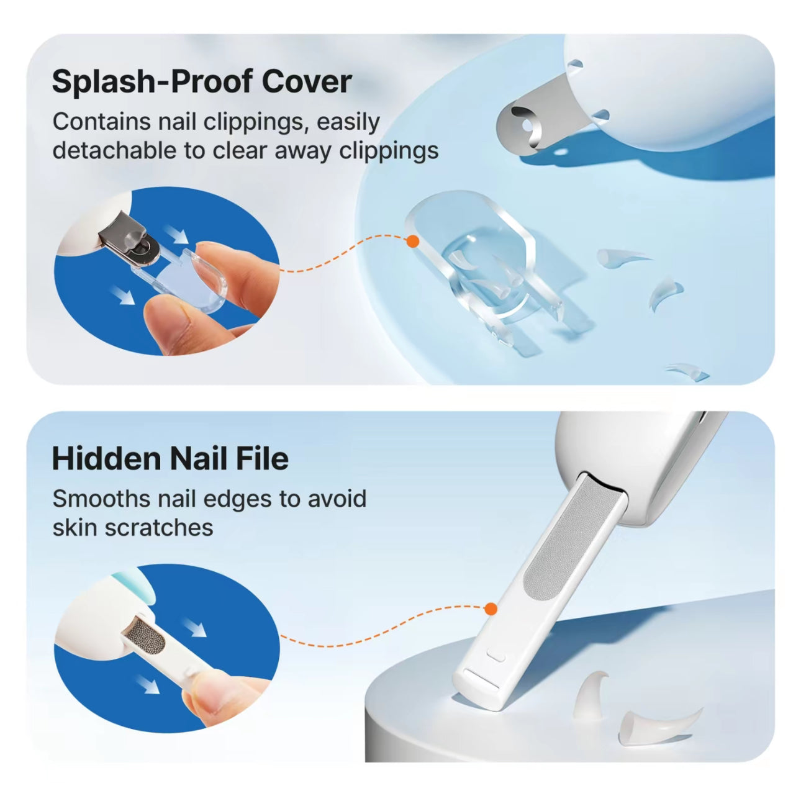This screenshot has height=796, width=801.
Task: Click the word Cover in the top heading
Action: coord(307,81)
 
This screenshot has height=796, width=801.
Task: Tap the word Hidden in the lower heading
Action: coord(106,459)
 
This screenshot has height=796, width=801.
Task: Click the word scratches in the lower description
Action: coord(159,528)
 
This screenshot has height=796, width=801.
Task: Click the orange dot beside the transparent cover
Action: coord(412,241)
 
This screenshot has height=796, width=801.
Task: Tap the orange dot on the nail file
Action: coord(491,609)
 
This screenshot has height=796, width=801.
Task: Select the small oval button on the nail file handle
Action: coord(496,656)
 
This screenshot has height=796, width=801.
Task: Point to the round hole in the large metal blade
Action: coord(527,125)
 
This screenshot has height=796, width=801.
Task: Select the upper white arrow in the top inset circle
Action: coord(177,234)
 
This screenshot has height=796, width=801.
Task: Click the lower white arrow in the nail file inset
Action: coord(148,684)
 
